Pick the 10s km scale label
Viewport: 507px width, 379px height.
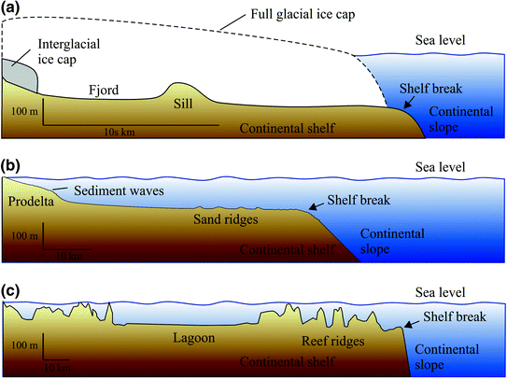[x=121, y=132]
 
